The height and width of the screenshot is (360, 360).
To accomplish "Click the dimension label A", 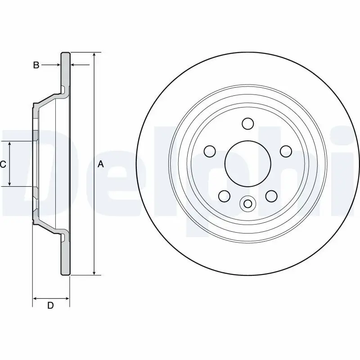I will [101, 165].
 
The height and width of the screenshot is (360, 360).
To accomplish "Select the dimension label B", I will [36, 65].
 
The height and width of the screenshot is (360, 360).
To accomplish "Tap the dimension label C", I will [3, 165].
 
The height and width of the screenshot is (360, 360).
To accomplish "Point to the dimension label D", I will [51, 306].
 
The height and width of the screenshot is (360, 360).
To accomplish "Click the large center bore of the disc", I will [247, 164].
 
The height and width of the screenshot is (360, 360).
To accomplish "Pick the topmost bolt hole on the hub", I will [247, 123].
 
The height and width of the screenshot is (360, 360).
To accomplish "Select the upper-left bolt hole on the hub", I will [209, 151].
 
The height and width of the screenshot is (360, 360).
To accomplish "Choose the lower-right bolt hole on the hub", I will [271, 196].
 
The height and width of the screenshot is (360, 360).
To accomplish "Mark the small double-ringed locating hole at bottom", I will [247, 203].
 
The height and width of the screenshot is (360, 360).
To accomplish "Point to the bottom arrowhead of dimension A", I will [94, 272].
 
